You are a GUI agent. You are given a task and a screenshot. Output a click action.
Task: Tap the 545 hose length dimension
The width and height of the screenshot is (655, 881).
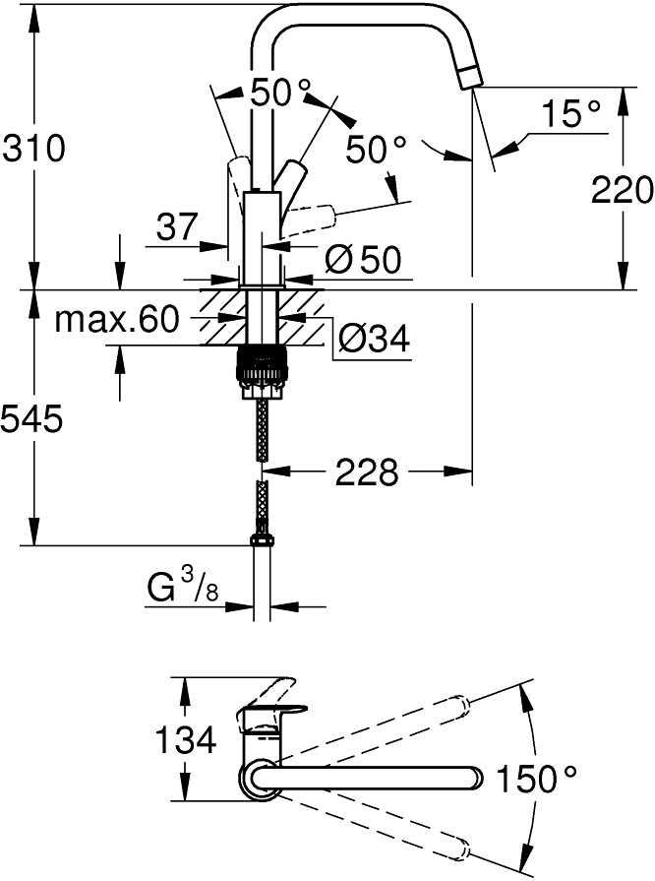32,420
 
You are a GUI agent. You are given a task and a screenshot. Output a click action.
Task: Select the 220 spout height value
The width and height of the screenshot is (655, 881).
622,188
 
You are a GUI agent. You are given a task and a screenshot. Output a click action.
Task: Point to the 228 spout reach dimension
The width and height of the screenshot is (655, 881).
367,472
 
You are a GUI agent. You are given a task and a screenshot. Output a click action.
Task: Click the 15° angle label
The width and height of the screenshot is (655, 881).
571,114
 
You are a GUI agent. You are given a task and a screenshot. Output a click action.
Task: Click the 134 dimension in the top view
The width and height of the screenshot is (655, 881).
186,739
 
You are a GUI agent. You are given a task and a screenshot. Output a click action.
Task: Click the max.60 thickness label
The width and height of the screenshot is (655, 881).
116,319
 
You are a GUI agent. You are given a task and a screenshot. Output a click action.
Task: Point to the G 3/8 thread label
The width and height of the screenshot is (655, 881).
183,590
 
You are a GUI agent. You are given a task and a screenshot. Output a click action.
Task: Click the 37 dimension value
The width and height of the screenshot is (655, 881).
178,229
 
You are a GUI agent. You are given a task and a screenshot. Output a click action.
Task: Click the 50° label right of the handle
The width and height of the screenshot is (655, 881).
376,150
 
